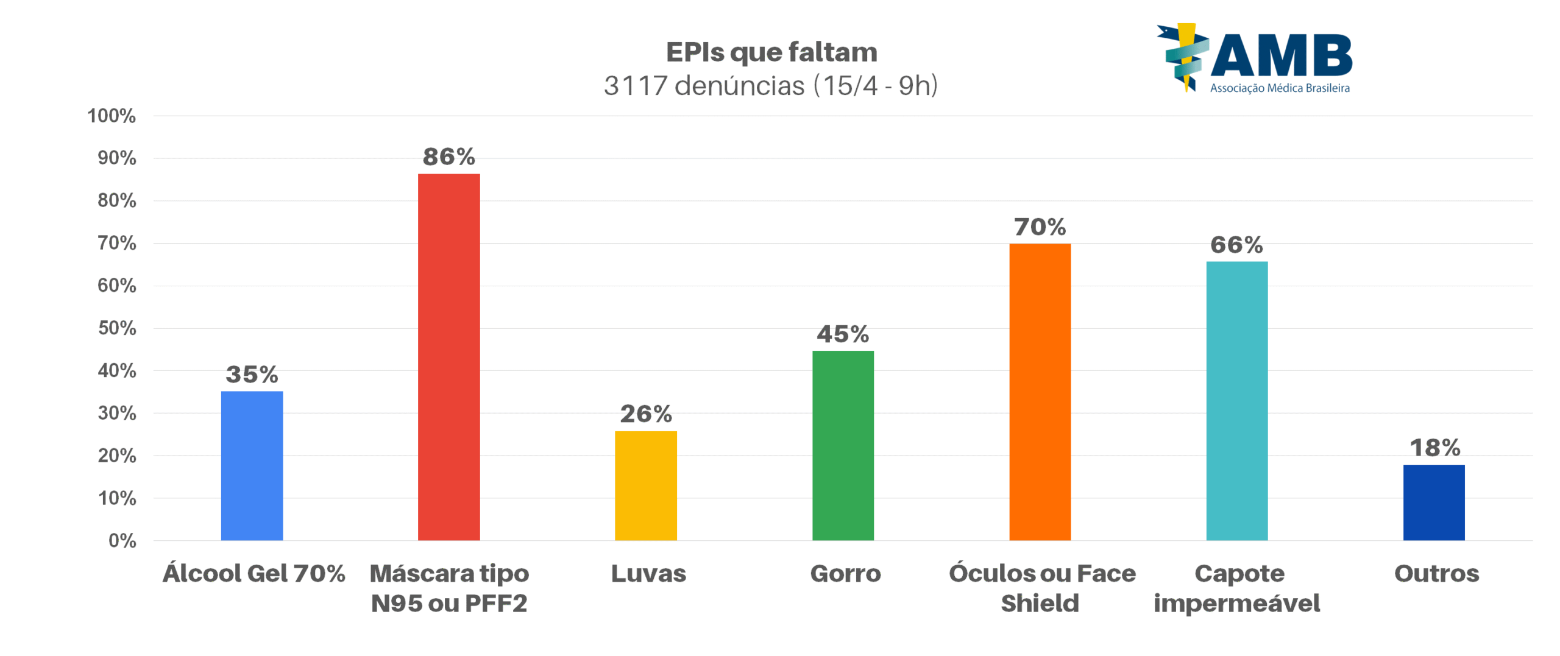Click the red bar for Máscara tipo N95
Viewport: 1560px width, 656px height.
pyautogui.click(x=448, y=357)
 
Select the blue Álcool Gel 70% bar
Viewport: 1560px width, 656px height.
pyautogui.click(x=252, y=465)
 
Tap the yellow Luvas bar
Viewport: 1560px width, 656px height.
pyautogui.click(x=645, y=485)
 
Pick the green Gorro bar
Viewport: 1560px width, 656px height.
pyautogui.click(x=843, y=445)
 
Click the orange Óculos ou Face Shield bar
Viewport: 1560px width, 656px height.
pyautogui.click(x=1040, y=392)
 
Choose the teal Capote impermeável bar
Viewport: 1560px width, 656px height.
pyautogui.click(x=1236, y=401)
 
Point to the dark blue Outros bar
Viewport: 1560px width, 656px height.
pyautogui.click(x=1433, y=502)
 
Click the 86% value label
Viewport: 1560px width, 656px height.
pyautogui.click(x=448, y=157)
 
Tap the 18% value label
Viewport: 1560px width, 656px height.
pyautogui.click(x=1434, y=448)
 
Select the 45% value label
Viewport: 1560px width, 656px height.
pyautogui.click(x=843, y=334)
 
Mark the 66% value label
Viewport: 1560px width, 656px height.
pyautogui.click(x=1236, y=245)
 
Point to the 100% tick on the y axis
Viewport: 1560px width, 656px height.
pyautogui.click(x=112, y=116)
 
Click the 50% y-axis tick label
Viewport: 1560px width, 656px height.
pyautogui.click(x=116, y=328)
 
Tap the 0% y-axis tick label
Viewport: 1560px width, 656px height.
pyautogui.click(x=122, y=540)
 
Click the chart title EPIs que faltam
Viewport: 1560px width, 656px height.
pyautogui.click(x=771, y=52)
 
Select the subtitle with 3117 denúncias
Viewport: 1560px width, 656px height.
pyautogui.click(x=770, y=86)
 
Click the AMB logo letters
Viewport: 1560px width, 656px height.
pyautogui.click(x=1280, y=56)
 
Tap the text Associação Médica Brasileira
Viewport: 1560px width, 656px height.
pyautogui.click(x=1279, y=88)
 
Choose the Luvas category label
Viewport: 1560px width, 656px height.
pyautogui.click(x=648, y=574)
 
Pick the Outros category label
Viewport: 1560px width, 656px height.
pyautogui.click(x=1436, y=574)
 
